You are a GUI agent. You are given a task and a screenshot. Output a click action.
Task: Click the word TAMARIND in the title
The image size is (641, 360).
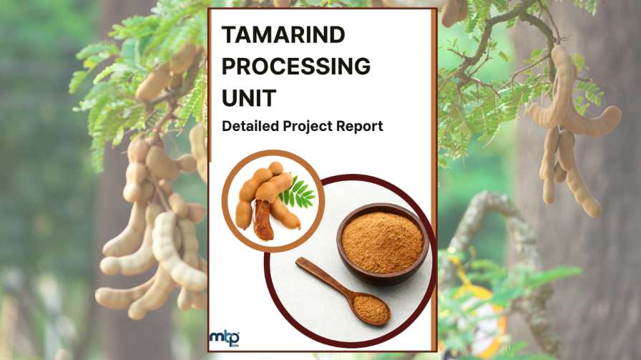(x=283, y=34)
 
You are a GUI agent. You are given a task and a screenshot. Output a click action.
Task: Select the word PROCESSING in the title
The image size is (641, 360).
(x=296, y=67)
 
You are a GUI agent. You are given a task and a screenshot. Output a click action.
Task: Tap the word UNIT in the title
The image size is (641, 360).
(x=249, y=98)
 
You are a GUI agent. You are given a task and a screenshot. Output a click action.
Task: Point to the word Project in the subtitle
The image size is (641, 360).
(x=308, y=127)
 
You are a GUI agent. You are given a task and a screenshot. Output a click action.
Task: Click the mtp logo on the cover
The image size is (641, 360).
(x=225, y=339)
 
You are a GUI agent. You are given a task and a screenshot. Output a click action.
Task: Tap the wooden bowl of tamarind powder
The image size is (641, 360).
(x=383, y=244)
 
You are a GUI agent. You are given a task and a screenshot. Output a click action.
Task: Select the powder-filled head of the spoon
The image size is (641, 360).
(x=371, y=309)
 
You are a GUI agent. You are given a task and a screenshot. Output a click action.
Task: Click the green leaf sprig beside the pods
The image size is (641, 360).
(x=298, y=193)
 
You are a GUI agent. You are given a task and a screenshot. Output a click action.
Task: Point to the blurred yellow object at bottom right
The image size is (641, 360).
(x=482, y=315)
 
